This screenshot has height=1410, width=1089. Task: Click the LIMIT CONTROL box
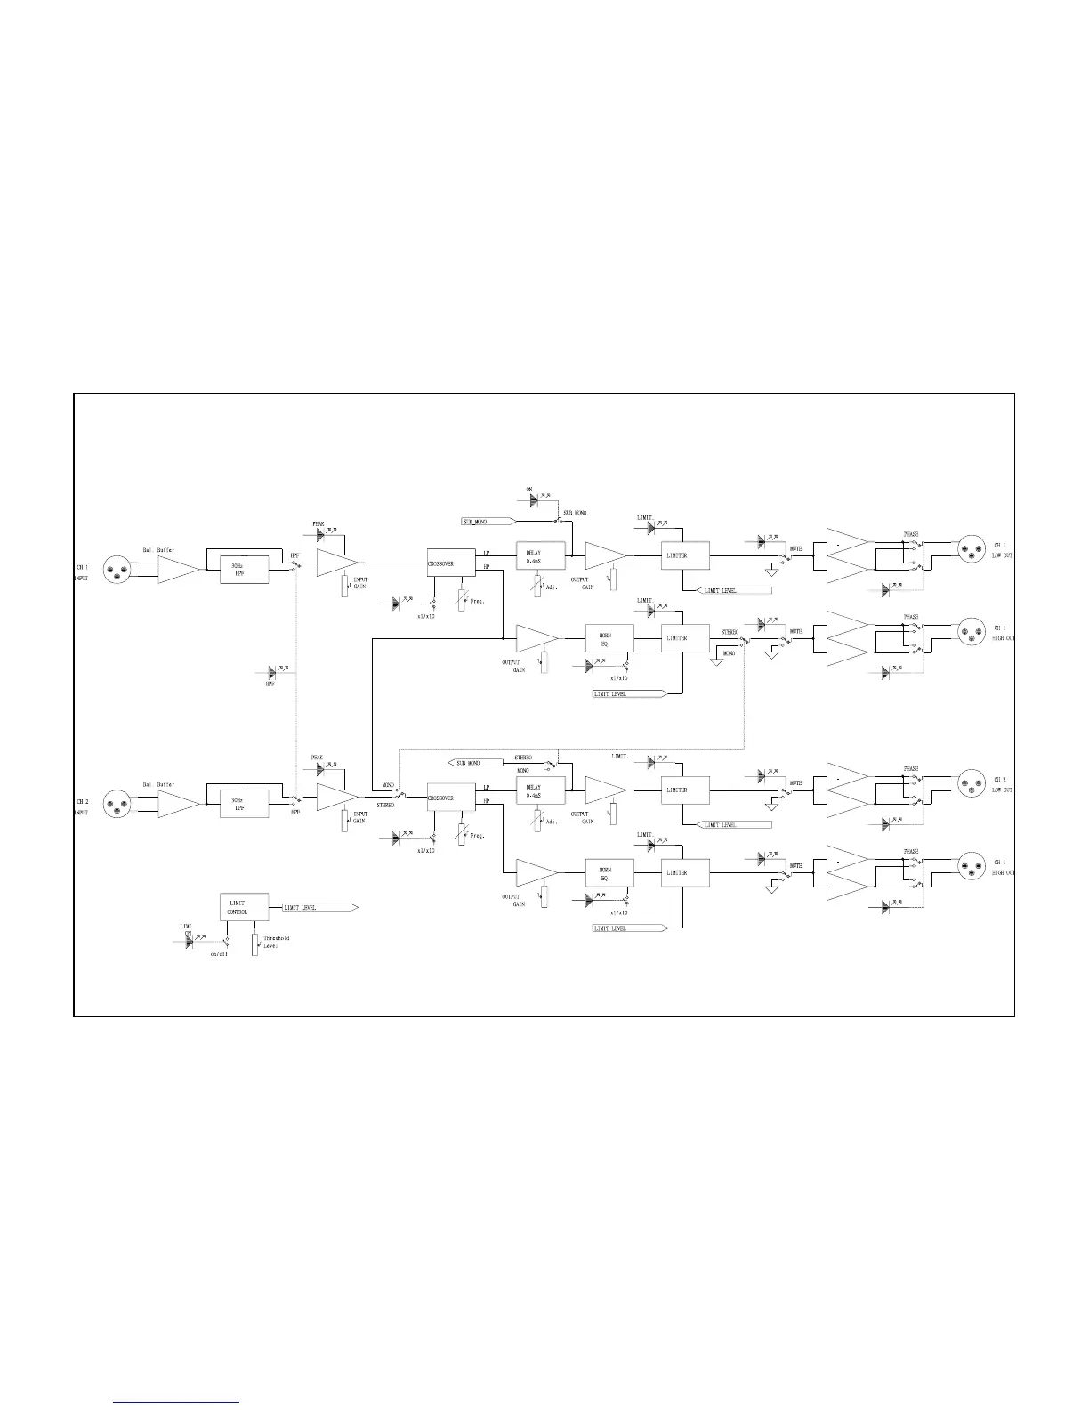(244, 907)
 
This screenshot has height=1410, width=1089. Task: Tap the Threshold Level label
(276, 942)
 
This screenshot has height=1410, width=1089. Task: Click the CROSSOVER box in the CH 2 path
(451, 798)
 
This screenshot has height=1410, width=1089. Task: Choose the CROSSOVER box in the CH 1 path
(451, 563)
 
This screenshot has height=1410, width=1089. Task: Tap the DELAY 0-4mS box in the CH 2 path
(540, 791)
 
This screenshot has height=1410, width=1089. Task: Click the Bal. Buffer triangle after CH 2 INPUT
(178, 805)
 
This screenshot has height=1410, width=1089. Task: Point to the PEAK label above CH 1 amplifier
(318, 523)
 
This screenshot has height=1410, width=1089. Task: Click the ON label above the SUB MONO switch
(529, 490)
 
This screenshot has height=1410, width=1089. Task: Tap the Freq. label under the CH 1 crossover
(477, 602)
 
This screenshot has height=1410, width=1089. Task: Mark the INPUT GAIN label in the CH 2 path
(359, 817)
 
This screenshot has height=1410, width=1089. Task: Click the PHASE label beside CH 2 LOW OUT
(911, 768)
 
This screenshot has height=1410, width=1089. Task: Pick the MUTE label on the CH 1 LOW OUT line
(795, 549)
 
